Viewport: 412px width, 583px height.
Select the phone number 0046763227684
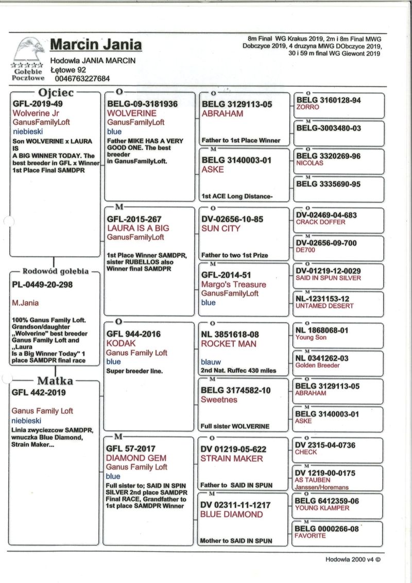click(82, 79)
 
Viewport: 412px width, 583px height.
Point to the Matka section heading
click(54, 381)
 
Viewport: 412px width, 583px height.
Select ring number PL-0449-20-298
click(42, 284)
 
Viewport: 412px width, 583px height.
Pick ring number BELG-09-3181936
click(142, 104)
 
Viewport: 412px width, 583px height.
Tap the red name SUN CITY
click(220, 228)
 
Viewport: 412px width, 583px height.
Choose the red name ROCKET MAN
click(228, 344)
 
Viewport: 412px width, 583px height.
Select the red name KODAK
click(119, 343)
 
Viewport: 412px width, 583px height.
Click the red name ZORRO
click(307, 107)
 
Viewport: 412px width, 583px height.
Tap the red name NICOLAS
click(311, 163)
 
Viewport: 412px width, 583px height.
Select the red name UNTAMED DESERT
click(324, 306)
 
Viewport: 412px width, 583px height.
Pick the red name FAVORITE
click(310, 536)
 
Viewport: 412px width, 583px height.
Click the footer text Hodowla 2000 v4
click(352, 559)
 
